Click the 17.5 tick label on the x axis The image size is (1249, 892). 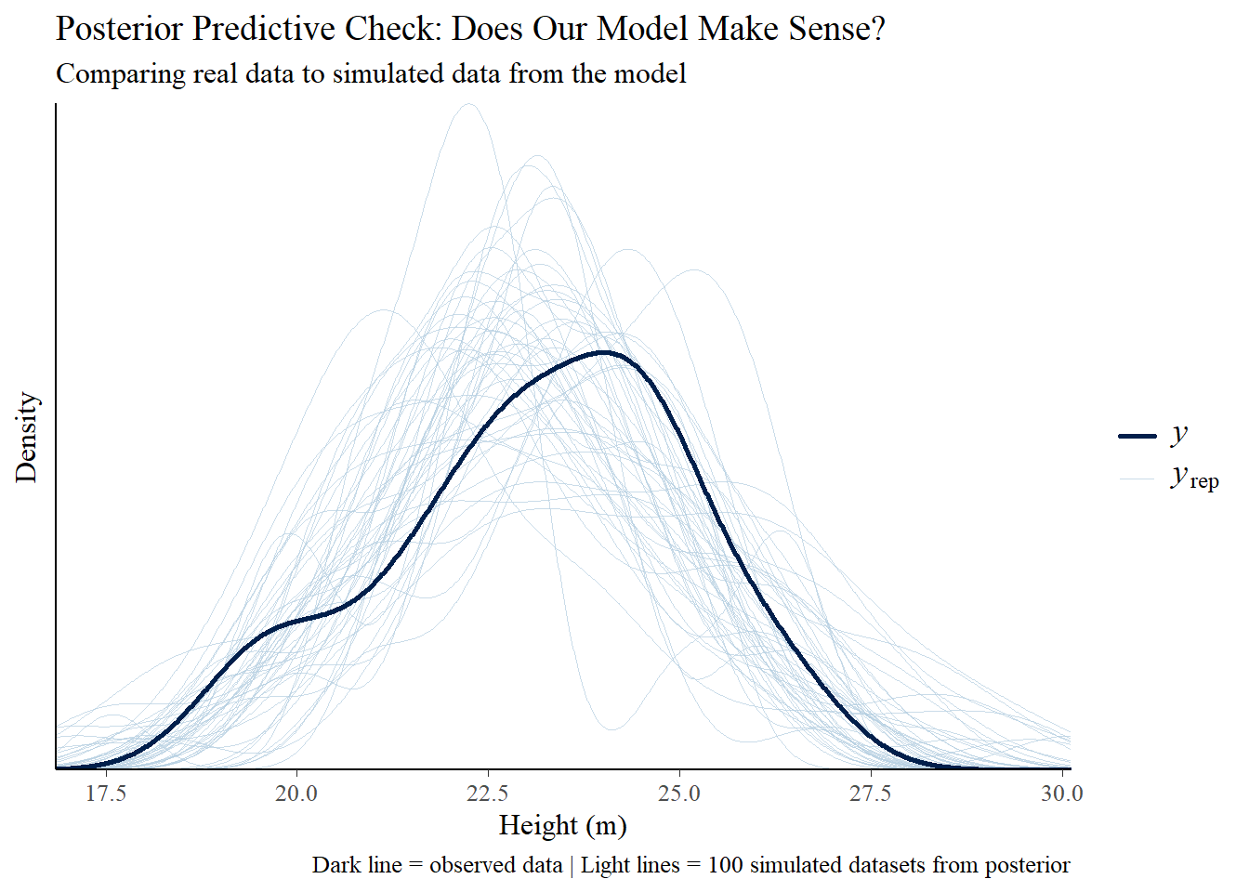pos(106,793)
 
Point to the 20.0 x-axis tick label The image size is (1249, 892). pos(296,793)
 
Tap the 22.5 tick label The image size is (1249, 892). pos(488,793)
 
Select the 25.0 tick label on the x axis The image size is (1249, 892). pos(679,793)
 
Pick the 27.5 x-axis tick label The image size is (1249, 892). pos(871,793)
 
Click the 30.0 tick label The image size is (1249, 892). pos(1061,793)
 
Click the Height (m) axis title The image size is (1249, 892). pos(562,825)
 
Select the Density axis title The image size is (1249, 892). pos(26,437)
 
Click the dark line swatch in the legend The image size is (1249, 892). pos(1137,436)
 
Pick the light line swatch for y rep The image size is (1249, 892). pos(1137,479)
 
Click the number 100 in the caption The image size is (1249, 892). pos(725,865)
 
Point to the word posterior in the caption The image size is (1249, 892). pos(1027,865)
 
